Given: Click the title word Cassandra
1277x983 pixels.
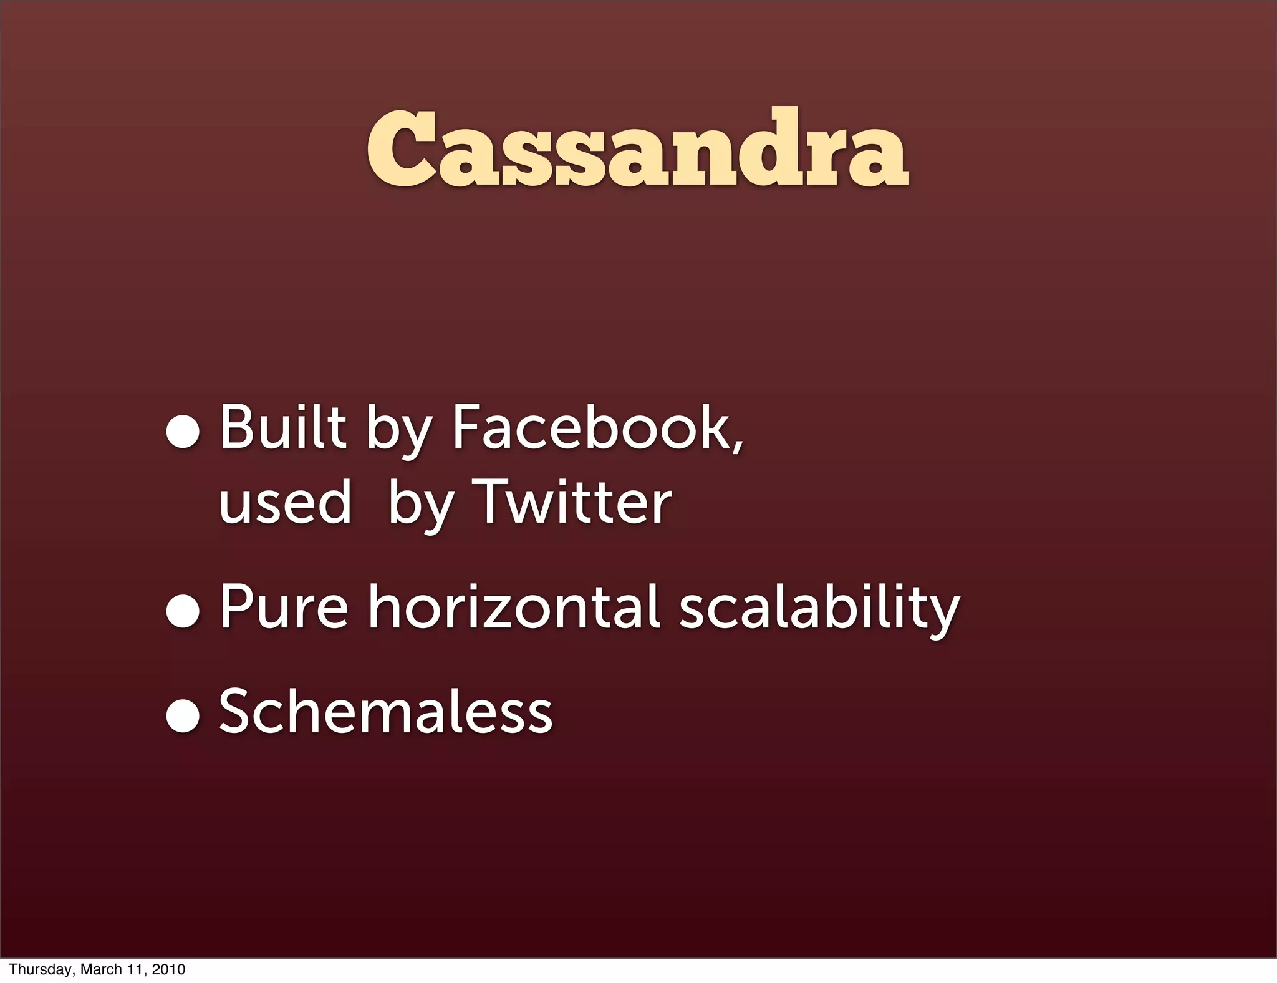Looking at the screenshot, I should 637,150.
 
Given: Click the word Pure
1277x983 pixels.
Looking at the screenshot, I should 284,607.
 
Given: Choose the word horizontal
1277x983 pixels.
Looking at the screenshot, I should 513,607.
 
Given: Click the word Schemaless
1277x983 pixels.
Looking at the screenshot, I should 385,712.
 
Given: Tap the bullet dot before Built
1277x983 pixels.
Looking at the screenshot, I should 183,432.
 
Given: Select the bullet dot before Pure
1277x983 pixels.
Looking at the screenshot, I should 183,611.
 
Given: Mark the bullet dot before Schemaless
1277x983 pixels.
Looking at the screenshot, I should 183,716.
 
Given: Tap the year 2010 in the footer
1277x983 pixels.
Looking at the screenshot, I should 168,969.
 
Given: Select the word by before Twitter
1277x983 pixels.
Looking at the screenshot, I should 419,505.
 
